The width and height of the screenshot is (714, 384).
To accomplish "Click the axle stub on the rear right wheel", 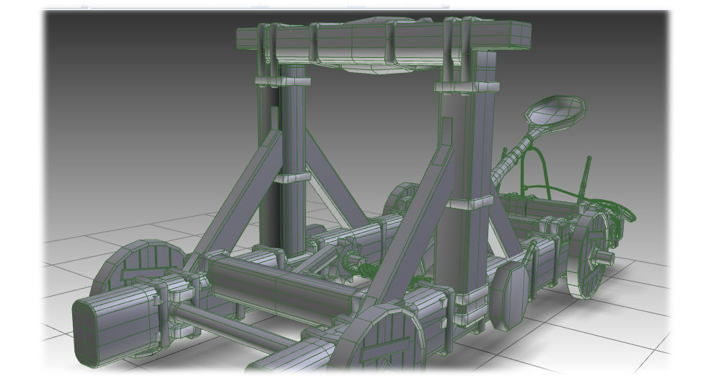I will coord(604,256).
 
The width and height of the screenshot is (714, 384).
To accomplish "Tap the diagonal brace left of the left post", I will coord(238,198).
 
